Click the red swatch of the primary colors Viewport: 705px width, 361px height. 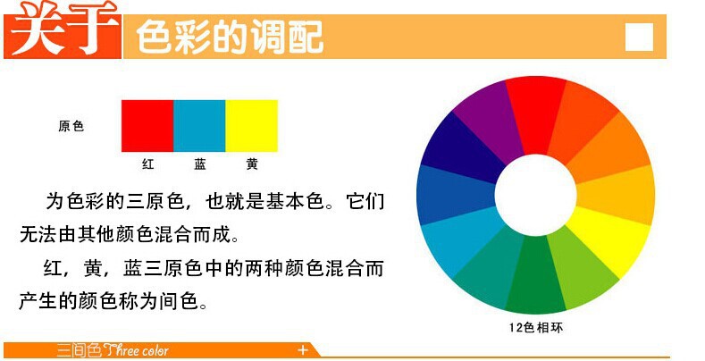[147, 125]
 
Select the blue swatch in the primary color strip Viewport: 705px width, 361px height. [198, 125]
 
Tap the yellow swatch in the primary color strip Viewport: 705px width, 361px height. [251, 125]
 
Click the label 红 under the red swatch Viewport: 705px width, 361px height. [148, 164]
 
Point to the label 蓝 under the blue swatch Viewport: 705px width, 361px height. [200, 164]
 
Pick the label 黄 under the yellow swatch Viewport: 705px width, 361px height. [252, 164]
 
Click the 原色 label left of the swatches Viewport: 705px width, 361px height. [71, 126]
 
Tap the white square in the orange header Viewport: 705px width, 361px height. [639, 37]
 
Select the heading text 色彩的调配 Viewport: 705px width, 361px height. [229, 38]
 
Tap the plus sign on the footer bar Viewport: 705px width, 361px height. [303, 349]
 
